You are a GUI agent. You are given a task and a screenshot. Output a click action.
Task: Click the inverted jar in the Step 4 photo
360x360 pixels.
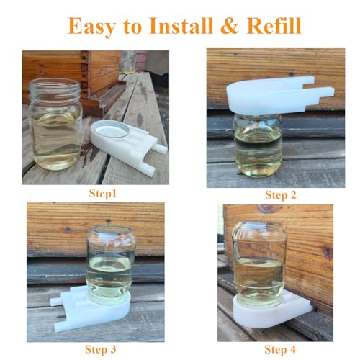pyautogui.click(x=258, y=263)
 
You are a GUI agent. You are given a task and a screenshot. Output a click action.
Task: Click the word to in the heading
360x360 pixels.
pyautogui.click(x=132, y=27)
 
